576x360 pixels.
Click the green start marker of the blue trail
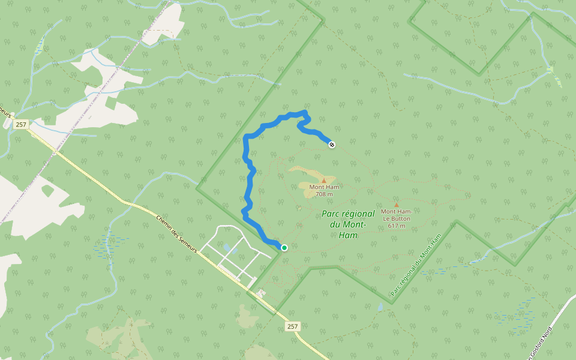(x=284, y=248)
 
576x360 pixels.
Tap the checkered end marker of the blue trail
(x=332, y=144)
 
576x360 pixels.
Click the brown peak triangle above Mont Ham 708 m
(x=324, y=180)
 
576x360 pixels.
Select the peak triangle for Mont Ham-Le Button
(x=396, y=205)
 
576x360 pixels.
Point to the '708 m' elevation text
(x=324, y=194)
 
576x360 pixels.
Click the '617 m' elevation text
(x=396, y=226)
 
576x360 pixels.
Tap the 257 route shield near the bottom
(x=292, y=326)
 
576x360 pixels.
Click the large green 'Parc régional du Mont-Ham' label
(x=348, y=224)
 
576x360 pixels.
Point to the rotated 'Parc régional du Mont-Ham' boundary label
(x=416, y=265)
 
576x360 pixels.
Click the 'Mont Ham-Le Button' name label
(x=396, y=214)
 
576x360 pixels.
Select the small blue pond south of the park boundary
(x=380, y=307)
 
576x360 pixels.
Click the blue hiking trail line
(x=248, y=180)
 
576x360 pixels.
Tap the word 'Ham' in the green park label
(x=348, y=235)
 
